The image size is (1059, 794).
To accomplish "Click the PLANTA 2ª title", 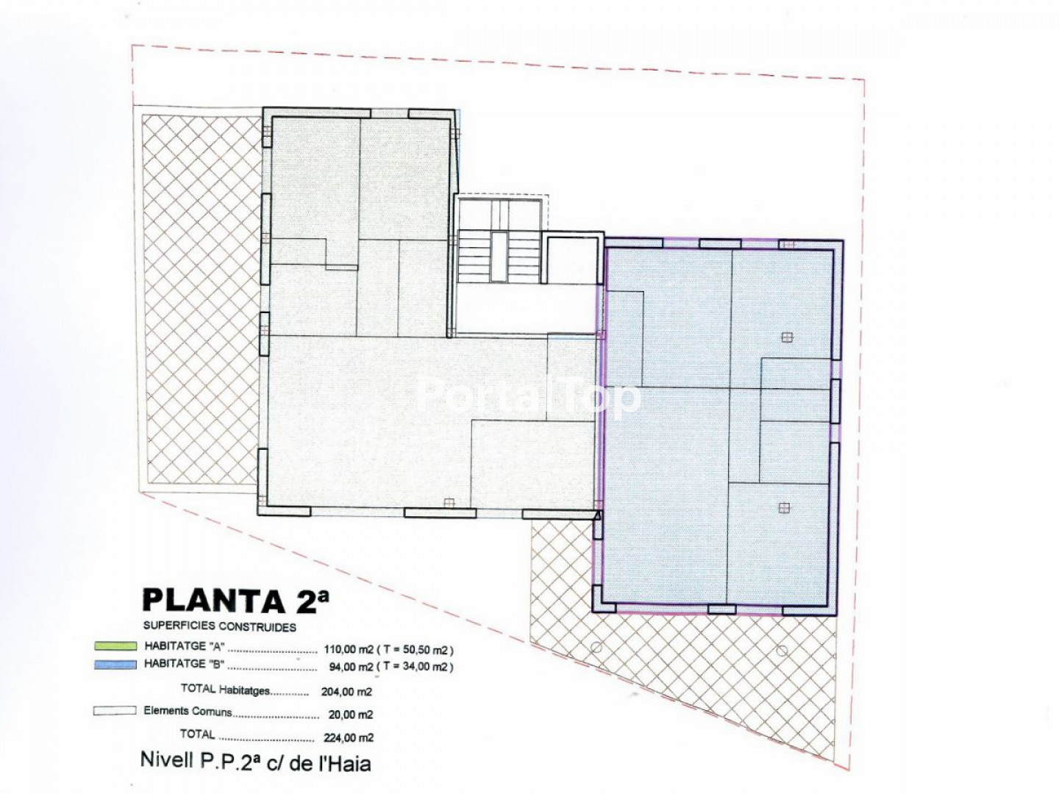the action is click(236, 601).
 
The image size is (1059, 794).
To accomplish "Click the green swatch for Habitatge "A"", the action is click(115, 645).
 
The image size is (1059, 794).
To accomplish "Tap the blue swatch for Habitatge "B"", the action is click(115, 665).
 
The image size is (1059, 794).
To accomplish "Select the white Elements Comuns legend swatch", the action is click(115, 711).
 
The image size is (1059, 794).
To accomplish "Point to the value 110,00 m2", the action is click(349, 649).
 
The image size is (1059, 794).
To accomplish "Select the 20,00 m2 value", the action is click(351, 715).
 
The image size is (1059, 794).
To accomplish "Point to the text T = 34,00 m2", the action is click(416, 668).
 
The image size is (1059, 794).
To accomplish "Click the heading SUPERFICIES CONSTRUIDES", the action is click(219, 626).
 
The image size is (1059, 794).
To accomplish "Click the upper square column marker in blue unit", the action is click(787, 337).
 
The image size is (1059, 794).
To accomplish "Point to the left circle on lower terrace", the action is click(596, 647).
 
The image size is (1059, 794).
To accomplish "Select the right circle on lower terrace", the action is click(782, 651).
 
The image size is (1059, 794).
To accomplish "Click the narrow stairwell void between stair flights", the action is click(499, 257).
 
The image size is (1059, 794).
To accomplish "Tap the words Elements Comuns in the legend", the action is click(188, 711).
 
